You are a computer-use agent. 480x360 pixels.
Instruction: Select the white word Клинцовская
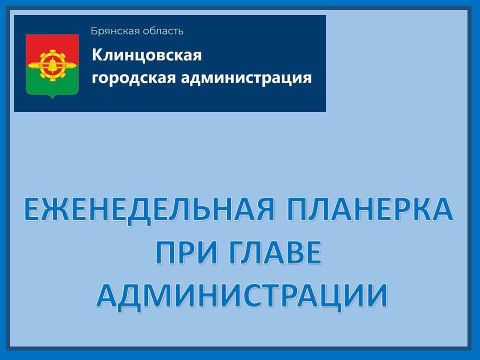[x=146, y=54]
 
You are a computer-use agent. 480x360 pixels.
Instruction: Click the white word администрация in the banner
[x=239, y=78]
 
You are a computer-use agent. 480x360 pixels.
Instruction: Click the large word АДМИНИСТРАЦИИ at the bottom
[x=241, y=294]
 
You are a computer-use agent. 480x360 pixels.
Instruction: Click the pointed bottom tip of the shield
[x=52, y=98]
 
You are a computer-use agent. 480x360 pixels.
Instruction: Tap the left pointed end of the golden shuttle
[x=29, y=65]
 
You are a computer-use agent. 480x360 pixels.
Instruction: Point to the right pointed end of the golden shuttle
[x=75, y=65]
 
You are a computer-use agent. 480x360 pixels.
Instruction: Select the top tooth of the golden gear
[x=52, y=51]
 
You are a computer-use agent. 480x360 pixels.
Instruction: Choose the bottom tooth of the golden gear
[x=52, y=80]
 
